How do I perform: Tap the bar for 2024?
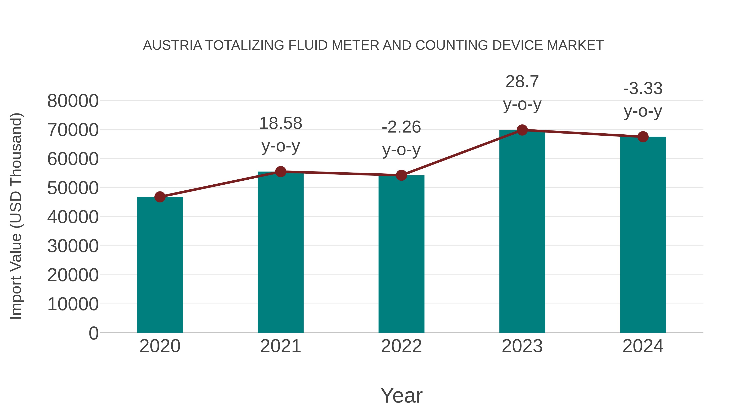click(643, 235)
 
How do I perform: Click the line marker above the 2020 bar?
click(160, 197)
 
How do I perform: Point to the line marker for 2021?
click(280, 172)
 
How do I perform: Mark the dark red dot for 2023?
click(522, 130)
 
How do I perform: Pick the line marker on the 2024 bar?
click(643, 137)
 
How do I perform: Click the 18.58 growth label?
click(280, 123)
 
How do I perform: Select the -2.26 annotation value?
click(401, 127)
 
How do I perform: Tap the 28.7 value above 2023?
click(522, 82)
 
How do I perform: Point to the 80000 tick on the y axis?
click(73, 101)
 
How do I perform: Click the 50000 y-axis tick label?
click(73, 188)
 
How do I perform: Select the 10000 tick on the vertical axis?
click(73, 304)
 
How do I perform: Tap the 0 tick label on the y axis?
click(93, 333)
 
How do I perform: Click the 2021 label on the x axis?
click(280, 346)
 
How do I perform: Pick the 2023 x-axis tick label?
click(522, 346)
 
